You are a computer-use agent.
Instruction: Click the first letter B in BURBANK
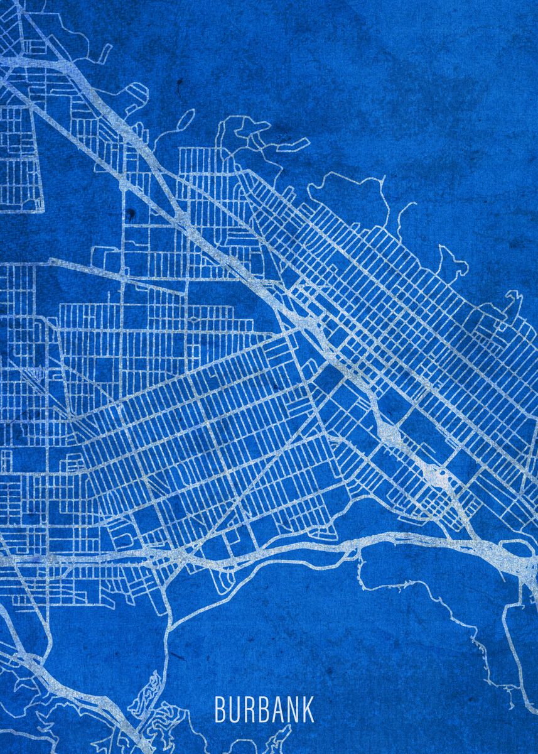click(x=220, y=709)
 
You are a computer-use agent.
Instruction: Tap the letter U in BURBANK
click(x=234, y=709)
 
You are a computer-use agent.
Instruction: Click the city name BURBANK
click(x=264, y=709)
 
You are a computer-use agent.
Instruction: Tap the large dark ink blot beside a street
click(x=131, y=215)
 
